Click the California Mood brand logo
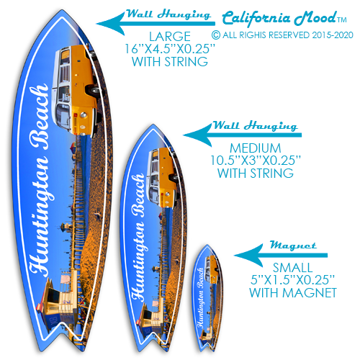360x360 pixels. [x=284, y=18]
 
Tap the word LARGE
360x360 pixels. [x=170, y=37]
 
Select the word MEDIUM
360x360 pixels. [x=256, y=148]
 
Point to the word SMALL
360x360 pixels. [x=293, y=268]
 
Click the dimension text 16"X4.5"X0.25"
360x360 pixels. [x=170, y=49]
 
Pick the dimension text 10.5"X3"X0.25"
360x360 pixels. [x=256, y=161]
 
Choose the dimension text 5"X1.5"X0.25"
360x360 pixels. [x=293, y=279]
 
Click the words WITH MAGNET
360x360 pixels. [x=293, y=292]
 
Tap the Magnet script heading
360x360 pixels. [x=293, y=246]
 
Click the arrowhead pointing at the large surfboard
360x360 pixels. [x=110, y=24]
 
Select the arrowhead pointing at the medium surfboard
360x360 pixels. [x=197, y=135]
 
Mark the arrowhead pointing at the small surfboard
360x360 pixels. [x=248, y=256]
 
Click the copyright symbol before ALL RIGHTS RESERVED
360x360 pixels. [x=216, y=35]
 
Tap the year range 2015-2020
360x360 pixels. [x=333, y=35]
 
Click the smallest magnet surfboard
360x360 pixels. [x=207, y=298]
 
